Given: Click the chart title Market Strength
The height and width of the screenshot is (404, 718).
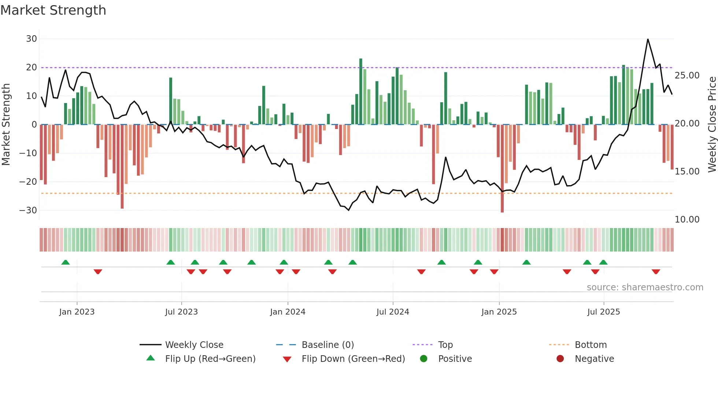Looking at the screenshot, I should [53, 10].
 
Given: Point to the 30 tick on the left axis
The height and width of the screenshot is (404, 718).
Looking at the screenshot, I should [32, 39].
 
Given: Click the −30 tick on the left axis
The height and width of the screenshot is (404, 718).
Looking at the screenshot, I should [28, 210].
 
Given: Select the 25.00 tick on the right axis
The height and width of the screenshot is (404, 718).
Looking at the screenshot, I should [687, 76].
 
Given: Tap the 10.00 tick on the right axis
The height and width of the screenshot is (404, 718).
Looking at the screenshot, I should [687, 220].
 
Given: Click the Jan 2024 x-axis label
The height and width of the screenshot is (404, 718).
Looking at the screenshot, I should [288, 312].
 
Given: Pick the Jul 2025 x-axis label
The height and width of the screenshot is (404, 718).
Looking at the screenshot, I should [603, 312].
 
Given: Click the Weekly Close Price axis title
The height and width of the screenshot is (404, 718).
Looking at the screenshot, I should [712, 125].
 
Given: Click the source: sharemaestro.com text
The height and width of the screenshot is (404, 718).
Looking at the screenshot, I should [645, 287].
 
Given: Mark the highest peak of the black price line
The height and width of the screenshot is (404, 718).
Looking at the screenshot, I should [648, 39].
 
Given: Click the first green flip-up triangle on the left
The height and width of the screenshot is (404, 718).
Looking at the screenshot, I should [66, 262].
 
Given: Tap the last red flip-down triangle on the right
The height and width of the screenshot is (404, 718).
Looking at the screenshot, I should [656, 272].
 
